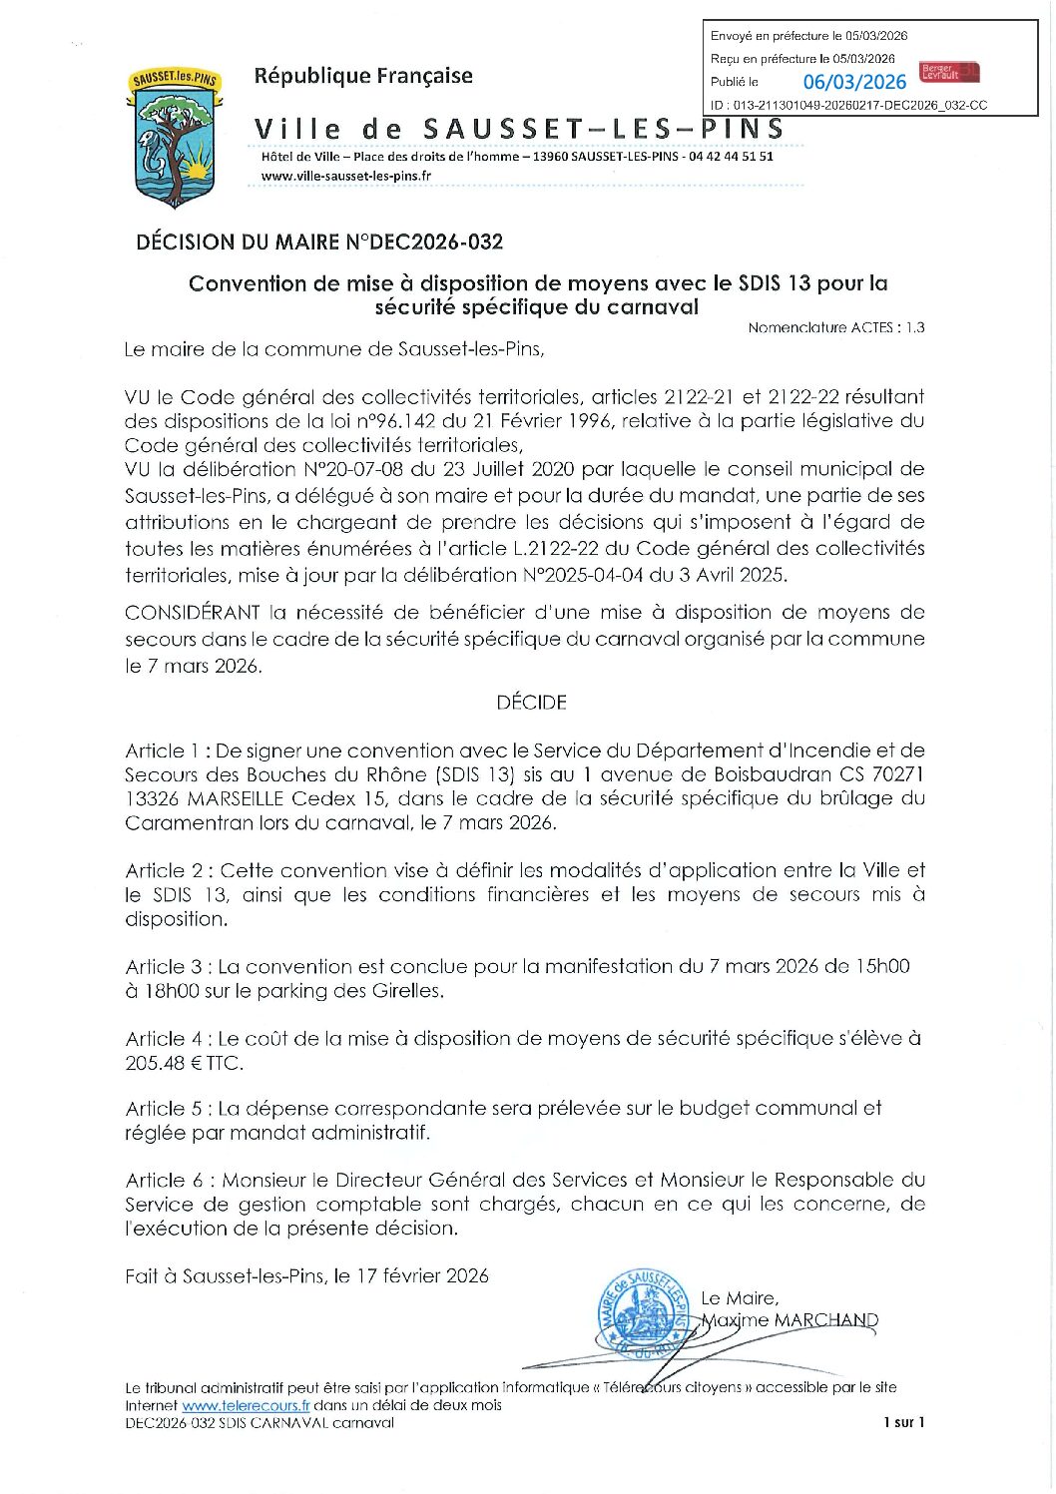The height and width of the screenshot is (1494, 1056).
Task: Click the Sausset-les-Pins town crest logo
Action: [x=175, y=137]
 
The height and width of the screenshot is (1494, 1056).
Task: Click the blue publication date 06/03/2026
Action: [x=854, y=83]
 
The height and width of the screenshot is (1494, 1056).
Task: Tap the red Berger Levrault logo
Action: [x=948, y=73]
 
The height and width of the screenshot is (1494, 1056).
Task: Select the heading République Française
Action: [x=363, y=76]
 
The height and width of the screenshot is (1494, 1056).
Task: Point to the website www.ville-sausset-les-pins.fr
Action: [x=346, y=176]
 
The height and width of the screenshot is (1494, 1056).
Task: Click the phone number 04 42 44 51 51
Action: [x=731, y=157]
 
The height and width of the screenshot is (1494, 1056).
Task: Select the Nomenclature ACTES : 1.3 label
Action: [x=835, y=327]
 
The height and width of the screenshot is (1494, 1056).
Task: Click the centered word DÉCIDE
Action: [x=531, y=703]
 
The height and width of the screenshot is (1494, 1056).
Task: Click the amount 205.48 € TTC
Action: [x=184, y=1063]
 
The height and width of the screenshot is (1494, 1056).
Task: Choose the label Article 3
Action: [x=163, y=967]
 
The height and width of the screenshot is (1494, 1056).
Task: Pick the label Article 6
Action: [x=164, y=1181]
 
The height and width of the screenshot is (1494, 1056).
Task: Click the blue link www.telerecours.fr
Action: [x=246, y=1405]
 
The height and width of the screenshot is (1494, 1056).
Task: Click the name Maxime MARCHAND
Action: [x=790, y=1320]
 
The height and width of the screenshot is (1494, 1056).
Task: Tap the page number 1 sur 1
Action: [x=903, y=1422]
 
